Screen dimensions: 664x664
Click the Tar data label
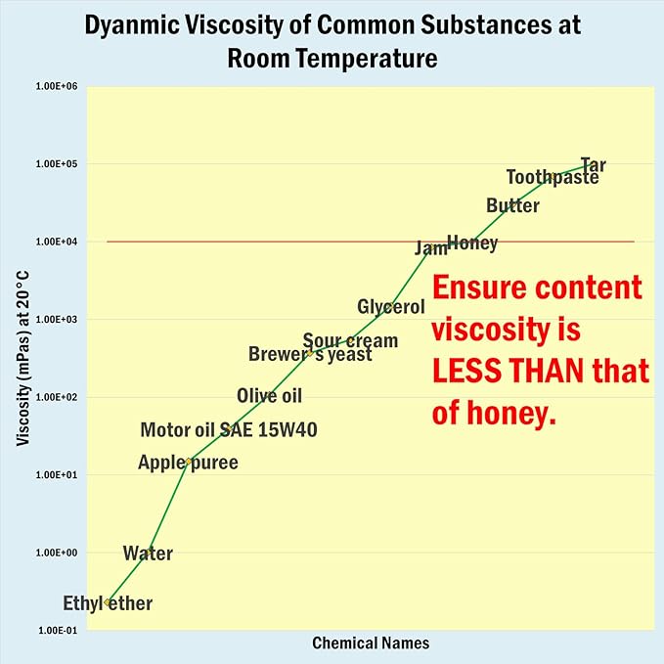[x=593, y=164]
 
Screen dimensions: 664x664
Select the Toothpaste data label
[x=552, y=177]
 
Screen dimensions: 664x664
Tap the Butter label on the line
[x=512, y=205]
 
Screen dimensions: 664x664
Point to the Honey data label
[x=472, y=243]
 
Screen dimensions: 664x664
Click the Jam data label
[x=430, y=248]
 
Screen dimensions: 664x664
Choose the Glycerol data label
[x=391, y=307]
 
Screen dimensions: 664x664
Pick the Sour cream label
[x=350, y=340]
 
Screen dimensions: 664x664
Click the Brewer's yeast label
[x=310, y=354]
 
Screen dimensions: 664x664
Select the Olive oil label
[x=269, y=395]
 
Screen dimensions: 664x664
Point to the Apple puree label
[x=188, y=463]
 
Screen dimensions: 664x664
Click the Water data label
[x=148, y=553]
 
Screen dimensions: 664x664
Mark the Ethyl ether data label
[x=108, y=603]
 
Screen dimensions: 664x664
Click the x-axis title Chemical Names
[x=371, y=643]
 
